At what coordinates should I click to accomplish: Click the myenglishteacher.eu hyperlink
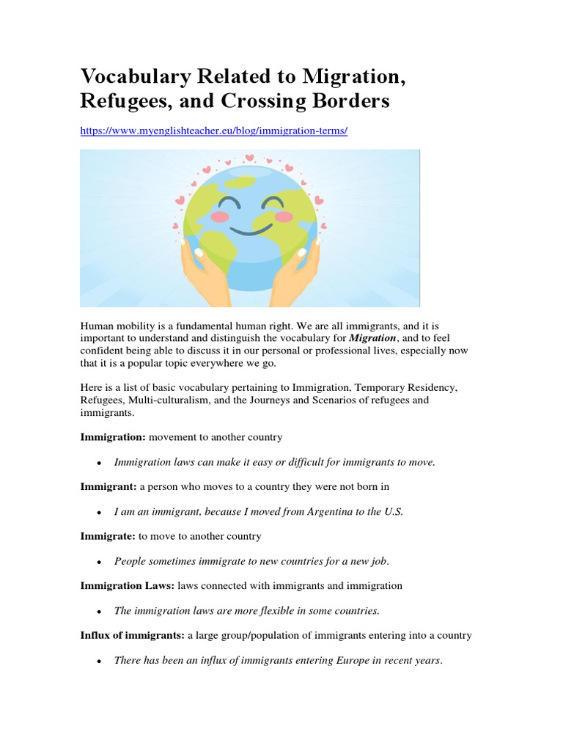coord(213,130)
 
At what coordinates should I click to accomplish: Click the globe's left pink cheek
coord(221,216)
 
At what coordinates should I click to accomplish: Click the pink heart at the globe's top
coord(249,157)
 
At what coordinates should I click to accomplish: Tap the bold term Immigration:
coord(113,437)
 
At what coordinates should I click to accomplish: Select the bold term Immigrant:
coord(110,487)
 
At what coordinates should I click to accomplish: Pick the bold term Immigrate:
coord(108,536)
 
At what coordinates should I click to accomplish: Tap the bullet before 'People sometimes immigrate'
coord(98,562)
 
